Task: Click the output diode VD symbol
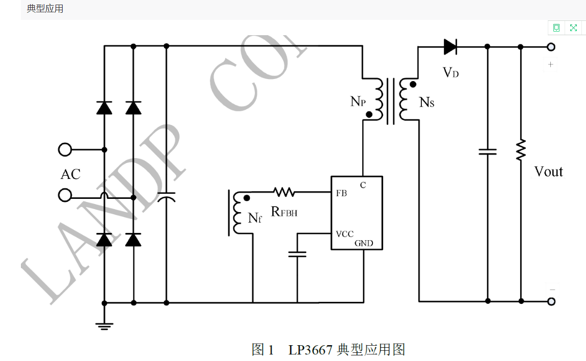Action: point(450,47)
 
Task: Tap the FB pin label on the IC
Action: point(341,194)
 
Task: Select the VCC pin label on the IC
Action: point(344,234)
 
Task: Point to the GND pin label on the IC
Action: point(364,243)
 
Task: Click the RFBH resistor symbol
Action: point(284,192)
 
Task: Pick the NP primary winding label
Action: point(358,101)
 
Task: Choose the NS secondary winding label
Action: point(427,102)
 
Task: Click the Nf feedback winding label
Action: point(255,218)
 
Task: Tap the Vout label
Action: point(548,172)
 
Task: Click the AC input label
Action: point(70,174)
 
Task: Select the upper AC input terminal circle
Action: point(65,149)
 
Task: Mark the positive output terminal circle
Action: point(551,47)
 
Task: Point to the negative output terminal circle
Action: point(551,301)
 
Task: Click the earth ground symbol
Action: point(104,325)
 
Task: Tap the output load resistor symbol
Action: point(520,150)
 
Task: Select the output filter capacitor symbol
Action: point(488,151)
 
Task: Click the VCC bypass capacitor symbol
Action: point(297,253)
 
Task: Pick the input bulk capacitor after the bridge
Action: point(166,196)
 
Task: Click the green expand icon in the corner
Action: point(573,28)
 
